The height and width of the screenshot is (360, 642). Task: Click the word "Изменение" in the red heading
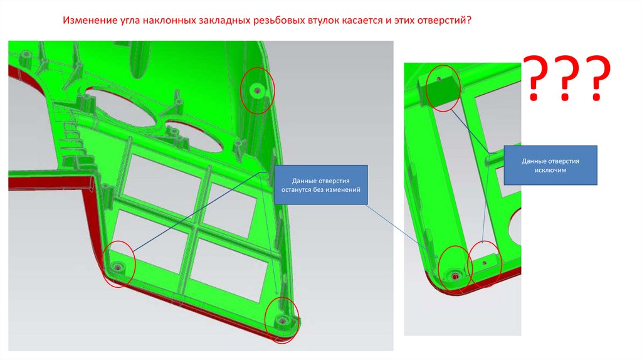tap(87, 20)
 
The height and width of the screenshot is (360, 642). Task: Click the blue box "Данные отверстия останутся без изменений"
tap(320, 185)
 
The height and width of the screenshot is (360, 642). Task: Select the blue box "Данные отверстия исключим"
tap(550, 165)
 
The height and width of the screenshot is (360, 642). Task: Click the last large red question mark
tap(597, 78)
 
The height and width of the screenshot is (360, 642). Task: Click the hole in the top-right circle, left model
tap(256, 90)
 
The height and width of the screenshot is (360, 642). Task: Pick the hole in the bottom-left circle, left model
tap(118, 267)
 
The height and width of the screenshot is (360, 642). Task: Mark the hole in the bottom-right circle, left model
tap(282, 319)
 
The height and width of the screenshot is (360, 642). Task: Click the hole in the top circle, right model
tap(439, 78)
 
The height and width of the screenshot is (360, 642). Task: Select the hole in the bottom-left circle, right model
tap(455, 277)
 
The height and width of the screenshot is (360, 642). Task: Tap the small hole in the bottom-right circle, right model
tap(485, 263)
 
